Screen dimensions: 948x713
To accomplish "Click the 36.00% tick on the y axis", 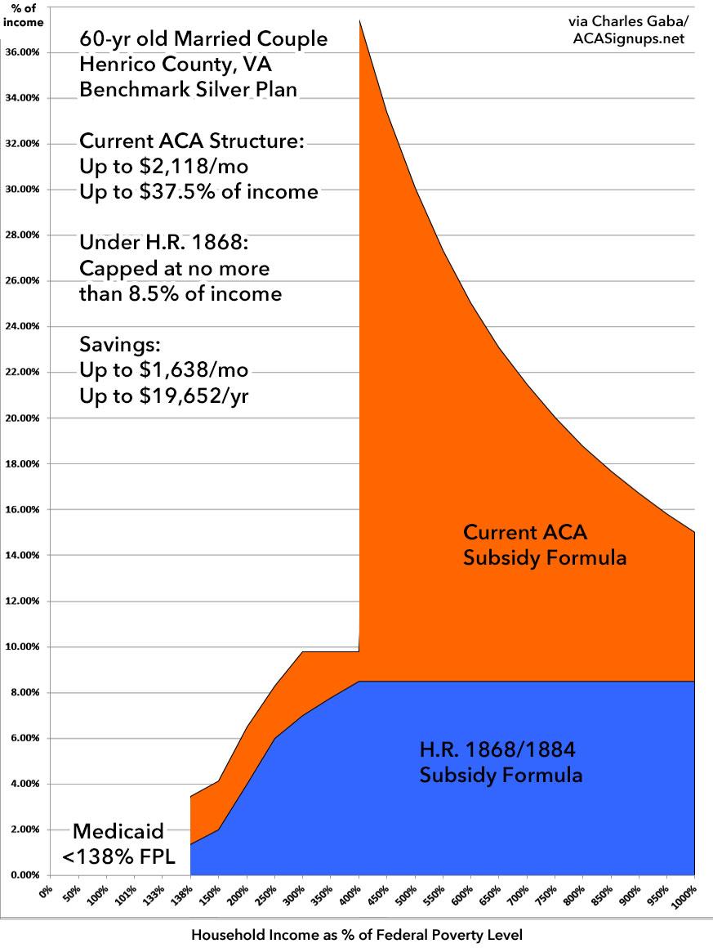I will pos(23,52).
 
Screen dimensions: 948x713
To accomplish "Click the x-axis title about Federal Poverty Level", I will pos(356,933).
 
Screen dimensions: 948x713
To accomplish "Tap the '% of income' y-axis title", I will pos(22,16).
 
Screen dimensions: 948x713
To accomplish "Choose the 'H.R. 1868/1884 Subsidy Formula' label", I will pos(501,762).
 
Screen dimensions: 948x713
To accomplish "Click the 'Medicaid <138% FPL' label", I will pos(118,843).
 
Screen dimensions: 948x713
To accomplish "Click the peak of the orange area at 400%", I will pos(359,20).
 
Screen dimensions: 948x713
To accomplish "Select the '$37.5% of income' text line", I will pos(198,191).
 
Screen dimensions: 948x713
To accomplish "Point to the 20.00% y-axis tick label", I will pos(23,418).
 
